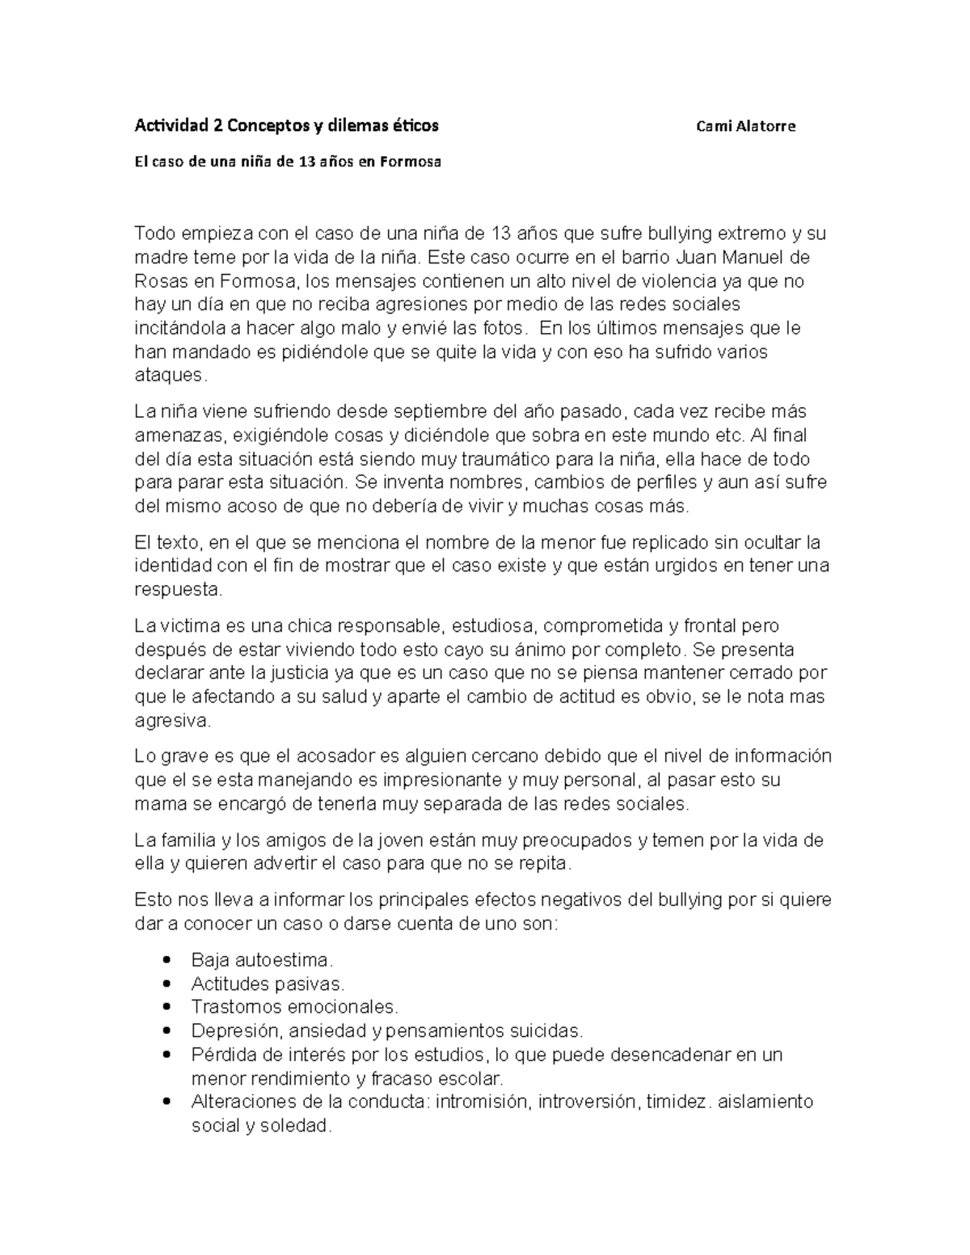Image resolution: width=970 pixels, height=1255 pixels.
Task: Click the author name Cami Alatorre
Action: coord(745,126)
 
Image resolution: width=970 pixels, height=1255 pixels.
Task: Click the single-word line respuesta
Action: coord(177,590)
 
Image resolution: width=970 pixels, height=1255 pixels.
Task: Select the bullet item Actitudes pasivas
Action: coord(268,983)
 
